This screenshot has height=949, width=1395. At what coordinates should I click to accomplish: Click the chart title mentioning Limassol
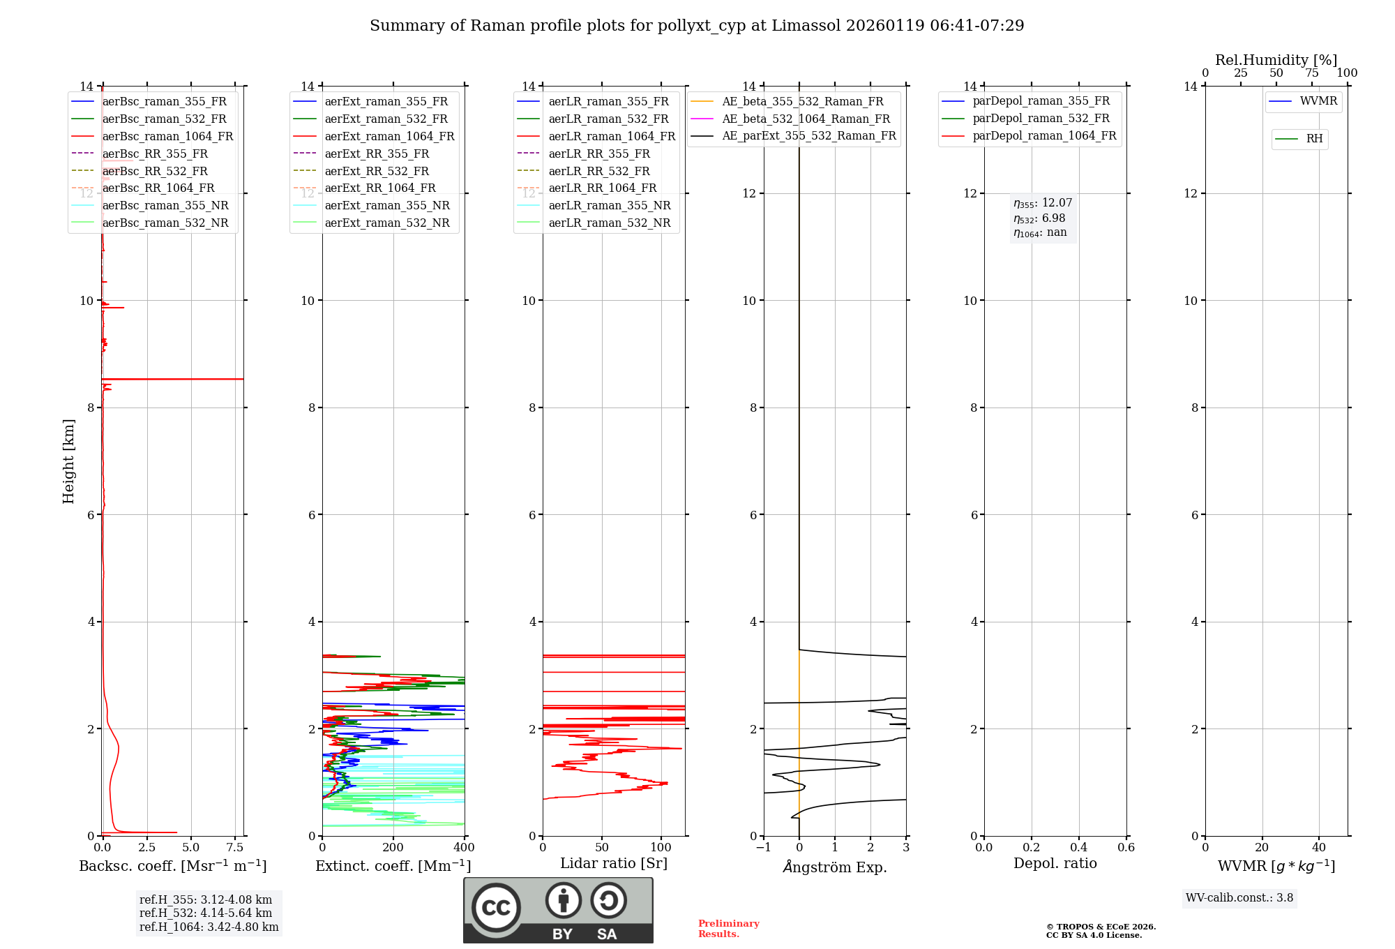click(697, 26)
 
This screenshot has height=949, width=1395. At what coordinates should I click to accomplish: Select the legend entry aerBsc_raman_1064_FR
click(167, 136)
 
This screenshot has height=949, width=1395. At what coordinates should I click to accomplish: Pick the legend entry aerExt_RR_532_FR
click(377, 171)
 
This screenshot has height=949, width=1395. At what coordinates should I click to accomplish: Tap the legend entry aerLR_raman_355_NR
click(609, 205)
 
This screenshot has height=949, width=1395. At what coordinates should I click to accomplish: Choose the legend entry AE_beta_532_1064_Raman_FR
click(806, 119)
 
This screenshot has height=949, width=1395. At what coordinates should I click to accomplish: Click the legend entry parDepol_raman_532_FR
click(1041, 119)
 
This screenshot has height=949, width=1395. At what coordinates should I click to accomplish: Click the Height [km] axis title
click(68, 461)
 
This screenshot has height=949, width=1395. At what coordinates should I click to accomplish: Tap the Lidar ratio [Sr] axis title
click(614, 863)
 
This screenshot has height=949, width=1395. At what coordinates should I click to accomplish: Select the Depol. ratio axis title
click(1055, 863)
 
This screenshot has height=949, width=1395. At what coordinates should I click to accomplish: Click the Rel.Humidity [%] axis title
click(1276, 60)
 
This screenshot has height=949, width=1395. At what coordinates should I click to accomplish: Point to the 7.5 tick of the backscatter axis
click(235, 848)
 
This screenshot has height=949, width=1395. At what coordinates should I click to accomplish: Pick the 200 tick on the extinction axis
click(393, 848)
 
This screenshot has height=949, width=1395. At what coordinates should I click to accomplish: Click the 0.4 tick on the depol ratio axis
click(1079, 848)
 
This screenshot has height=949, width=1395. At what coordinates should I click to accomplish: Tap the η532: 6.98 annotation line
click(1039, 218)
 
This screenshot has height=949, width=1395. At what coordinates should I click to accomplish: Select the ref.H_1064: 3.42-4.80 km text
click(209, 927)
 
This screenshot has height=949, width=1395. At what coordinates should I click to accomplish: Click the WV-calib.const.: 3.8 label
click(1239, 898)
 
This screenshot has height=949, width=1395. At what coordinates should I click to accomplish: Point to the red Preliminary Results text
click(728, 929)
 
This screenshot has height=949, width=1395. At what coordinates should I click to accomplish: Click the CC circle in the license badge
click(496, 907)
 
